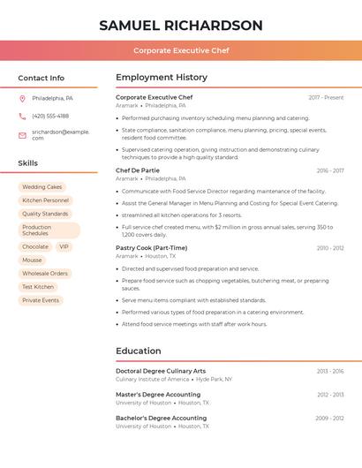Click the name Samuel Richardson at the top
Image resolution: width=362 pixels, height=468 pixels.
point(181,26)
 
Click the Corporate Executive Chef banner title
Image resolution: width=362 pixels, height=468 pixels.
point(181,50)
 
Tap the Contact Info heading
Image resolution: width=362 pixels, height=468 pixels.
point(41,78)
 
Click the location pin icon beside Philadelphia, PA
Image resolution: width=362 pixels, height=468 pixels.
point(23,98)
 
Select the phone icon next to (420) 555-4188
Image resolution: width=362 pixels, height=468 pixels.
point(23,116)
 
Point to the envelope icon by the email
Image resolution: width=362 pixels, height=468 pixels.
point(23,134)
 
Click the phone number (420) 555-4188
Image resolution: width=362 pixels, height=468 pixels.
point(50,116)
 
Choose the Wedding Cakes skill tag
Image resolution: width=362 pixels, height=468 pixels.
point(42,187)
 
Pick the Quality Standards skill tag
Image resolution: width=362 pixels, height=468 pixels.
point(45,214)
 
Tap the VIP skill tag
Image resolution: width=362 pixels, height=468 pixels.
point(64,247)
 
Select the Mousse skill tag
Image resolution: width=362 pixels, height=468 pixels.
point(32,260)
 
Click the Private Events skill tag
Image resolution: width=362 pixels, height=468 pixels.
point(41,300)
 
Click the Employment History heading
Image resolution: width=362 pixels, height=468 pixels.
point(162,78)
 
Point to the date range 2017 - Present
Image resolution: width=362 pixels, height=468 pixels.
point(326,97)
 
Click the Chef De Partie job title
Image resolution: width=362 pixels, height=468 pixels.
point(138,170)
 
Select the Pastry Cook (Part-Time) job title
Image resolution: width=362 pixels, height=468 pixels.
point(152,248)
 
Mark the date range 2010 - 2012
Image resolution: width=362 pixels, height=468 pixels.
point(330,248)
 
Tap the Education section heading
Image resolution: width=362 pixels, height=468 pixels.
point(139,351)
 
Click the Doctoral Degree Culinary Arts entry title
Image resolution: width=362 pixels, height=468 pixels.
point(161,371)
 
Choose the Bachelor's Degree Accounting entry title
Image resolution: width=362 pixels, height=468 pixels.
point(161,418)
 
